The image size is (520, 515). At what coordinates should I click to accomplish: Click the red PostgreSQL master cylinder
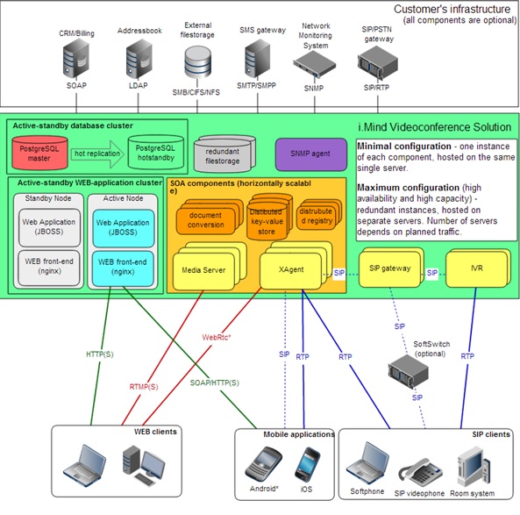point(39,153)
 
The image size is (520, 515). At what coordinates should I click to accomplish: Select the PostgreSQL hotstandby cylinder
point(156,153)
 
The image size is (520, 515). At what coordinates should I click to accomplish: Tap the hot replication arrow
point(97,154)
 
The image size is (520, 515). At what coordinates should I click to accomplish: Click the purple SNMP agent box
point(310,154)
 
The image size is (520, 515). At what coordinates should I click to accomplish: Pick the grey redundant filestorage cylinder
point(224,154)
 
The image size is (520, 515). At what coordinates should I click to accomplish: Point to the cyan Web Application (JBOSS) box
point(124,228)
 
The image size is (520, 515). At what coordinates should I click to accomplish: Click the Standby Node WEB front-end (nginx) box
point(49,268)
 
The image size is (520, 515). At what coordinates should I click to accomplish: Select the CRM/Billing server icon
point(76,59)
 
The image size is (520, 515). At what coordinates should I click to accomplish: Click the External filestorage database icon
point(197,62)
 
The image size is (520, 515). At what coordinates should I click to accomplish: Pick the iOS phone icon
point(307,465)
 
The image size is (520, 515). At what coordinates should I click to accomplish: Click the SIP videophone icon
point(420,472)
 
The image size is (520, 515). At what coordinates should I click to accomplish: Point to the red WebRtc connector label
point(217,338)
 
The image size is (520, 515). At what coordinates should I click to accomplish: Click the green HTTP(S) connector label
point(100,354)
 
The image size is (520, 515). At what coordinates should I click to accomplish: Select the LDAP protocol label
point(139,86)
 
